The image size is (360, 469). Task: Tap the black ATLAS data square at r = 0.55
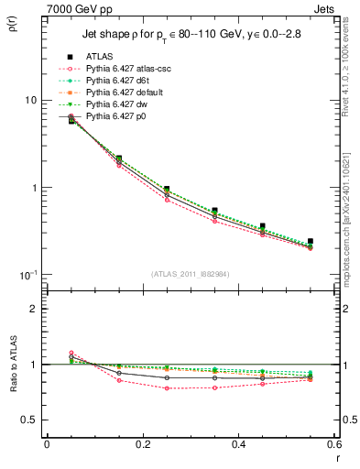(x=310, y=242)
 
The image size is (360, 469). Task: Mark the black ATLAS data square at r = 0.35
(x=214, y=211)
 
